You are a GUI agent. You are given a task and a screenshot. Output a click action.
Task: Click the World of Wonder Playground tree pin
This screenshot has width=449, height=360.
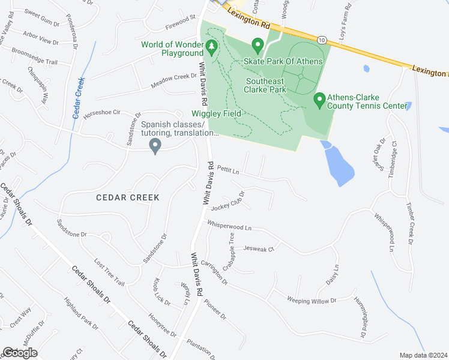coord(211,46)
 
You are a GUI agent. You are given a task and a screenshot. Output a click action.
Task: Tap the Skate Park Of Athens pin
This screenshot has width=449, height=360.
coord(258,45)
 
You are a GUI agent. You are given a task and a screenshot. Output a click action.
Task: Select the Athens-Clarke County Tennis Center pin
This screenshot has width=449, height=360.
coord(319,98)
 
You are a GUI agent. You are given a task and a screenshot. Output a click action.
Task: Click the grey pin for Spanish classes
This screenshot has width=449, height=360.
coord(155,146)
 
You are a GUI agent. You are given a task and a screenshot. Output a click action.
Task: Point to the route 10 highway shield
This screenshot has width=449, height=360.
coord(322,40)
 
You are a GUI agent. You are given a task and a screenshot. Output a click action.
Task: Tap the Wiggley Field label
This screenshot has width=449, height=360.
coord(216,113)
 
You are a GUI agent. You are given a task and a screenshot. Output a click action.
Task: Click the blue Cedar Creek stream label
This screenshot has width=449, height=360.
coord(77,98)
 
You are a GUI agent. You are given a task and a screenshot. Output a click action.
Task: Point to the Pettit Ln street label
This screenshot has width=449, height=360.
coord(228,170)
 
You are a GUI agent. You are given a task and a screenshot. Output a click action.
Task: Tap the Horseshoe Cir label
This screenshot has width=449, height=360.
coord(104,112)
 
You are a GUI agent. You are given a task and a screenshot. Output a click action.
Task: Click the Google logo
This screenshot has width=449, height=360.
coord(19,352)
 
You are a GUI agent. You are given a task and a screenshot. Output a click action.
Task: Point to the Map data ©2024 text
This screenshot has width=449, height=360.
coord(423,355)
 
